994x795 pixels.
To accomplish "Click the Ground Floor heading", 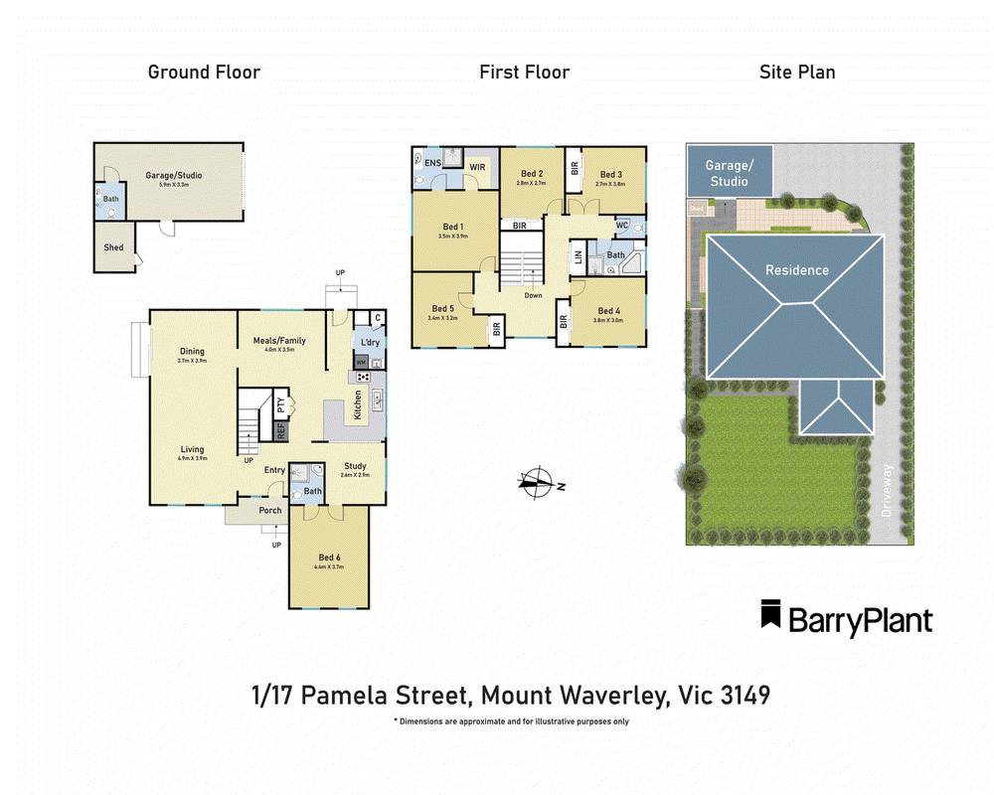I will click(x=204, y=72).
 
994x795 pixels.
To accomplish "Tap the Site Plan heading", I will click(x=797, y=72).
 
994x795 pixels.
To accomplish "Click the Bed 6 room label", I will click(x=329, y=557).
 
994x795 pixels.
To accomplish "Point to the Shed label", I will click(x=114, y=246).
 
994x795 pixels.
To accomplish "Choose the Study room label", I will click(x=355, y=466).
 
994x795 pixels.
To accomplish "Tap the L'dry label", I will click(x=369, y=343).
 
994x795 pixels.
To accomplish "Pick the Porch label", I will click(x=269, y=511).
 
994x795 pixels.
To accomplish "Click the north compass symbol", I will click(x=537, y=484).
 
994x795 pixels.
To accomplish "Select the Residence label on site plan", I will click(x=796, y=269).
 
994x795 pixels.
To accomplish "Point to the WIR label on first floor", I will click(x=477, y=167).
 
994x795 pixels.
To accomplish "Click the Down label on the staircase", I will click(x=533, y=295).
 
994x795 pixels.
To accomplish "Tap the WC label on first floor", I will click(x=623, y=226).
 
